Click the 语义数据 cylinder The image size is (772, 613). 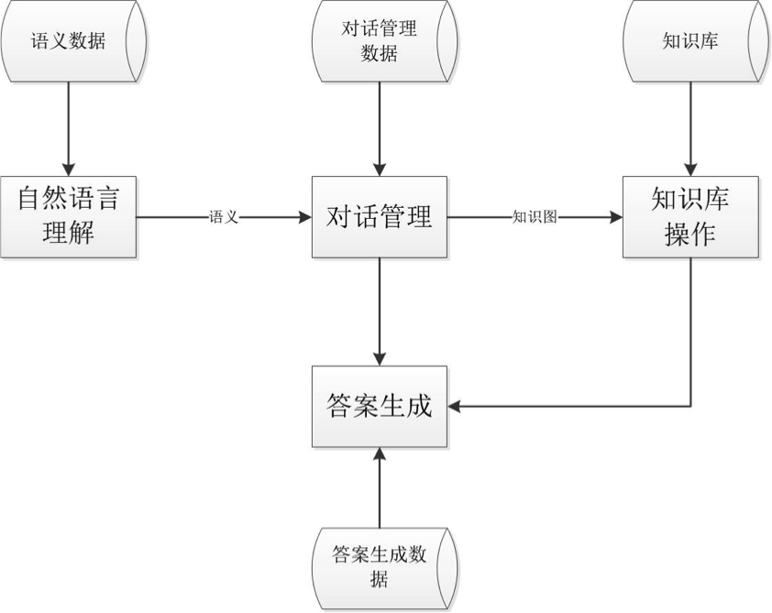[x=69, y=42]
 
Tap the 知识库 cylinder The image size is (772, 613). [x=689, y=42]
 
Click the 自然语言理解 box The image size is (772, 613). [x=69, y=216]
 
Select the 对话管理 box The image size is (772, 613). [x=380, y=217]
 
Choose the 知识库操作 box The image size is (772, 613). [x=689, y=217]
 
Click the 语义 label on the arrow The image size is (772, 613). [x=224, y=217]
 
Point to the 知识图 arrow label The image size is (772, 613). [x=535, y=217]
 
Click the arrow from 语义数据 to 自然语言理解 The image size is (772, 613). [x=69, y=128]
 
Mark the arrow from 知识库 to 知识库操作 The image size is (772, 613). [x=689, y=128]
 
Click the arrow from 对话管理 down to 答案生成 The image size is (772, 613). [x=380, y=312]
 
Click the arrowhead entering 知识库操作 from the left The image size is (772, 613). [x=615, y=217]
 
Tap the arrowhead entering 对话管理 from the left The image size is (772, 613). [x=305, y=217]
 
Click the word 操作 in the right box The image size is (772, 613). [x=689, y=235]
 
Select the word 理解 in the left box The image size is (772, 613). [x=69, y=235]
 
